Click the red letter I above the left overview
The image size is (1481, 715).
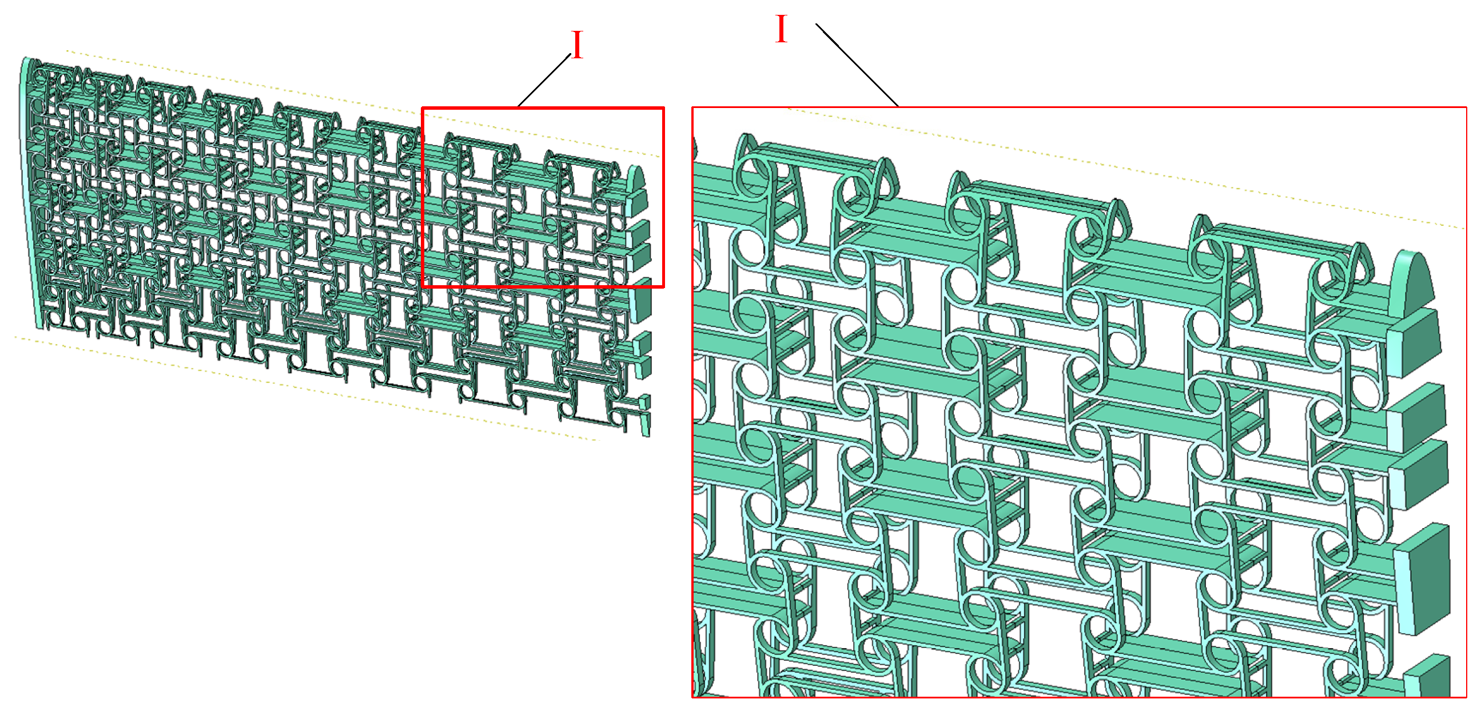point(577,45)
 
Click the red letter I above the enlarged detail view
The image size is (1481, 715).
point(781,29)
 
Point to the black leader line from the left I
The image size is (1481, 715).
point(544,81)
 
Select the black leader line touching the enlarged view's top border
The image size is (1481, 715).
point(857,65)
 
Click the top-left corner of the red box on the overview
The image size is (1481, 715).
point(423,108)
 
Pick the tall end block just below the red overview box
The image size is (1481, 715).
point(640,301)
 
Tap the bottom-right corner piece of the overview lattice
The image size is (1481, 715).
point(646,423)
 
